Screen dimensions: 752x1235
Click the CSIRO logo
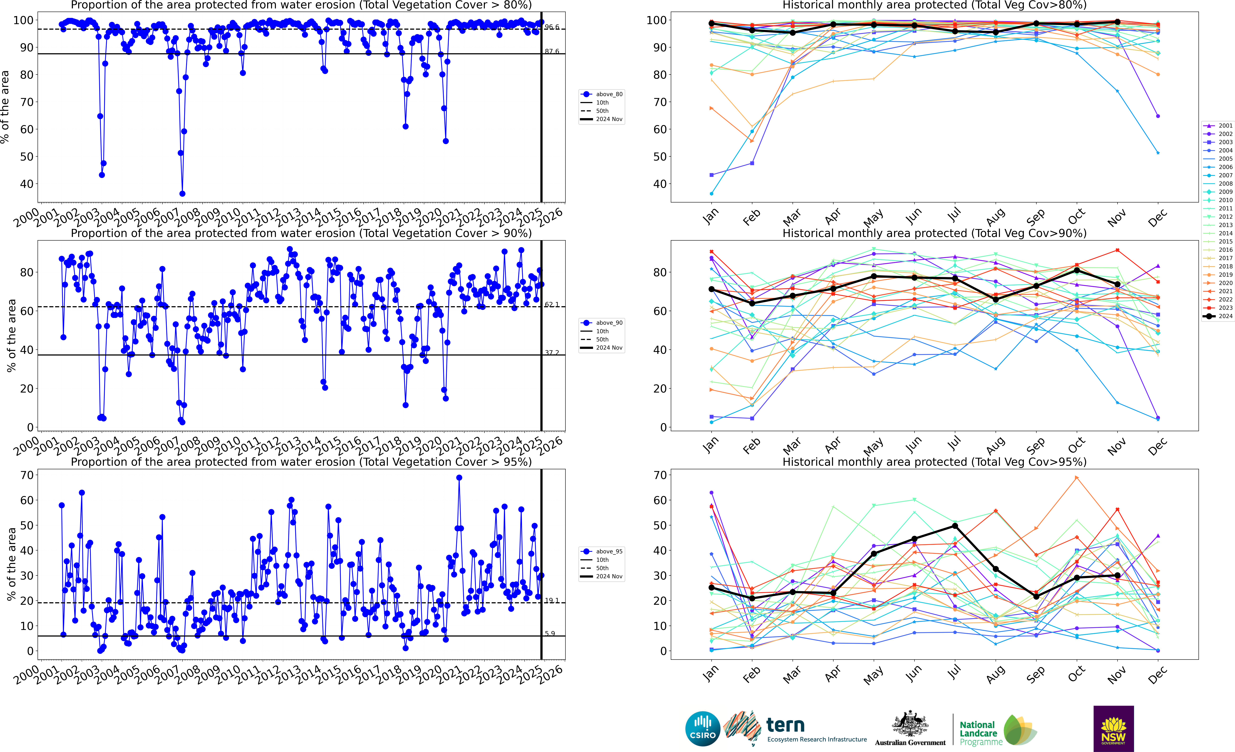[703, 728]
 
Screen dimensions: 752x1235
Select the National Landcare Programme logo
[997, 731]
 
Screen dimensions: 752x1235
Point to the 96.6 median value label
[552, 27]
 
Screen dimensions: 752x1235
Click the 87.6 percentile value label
[552, 52]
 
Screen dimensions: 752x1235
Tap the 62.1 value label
[552, 305]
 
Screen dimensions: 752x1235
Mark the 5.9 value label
[550, 634]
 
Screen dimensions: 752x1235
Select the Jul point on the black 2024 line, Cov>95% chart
[955, 526]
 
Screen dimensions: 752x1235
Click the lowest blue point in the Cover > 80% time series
[182, 194]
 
